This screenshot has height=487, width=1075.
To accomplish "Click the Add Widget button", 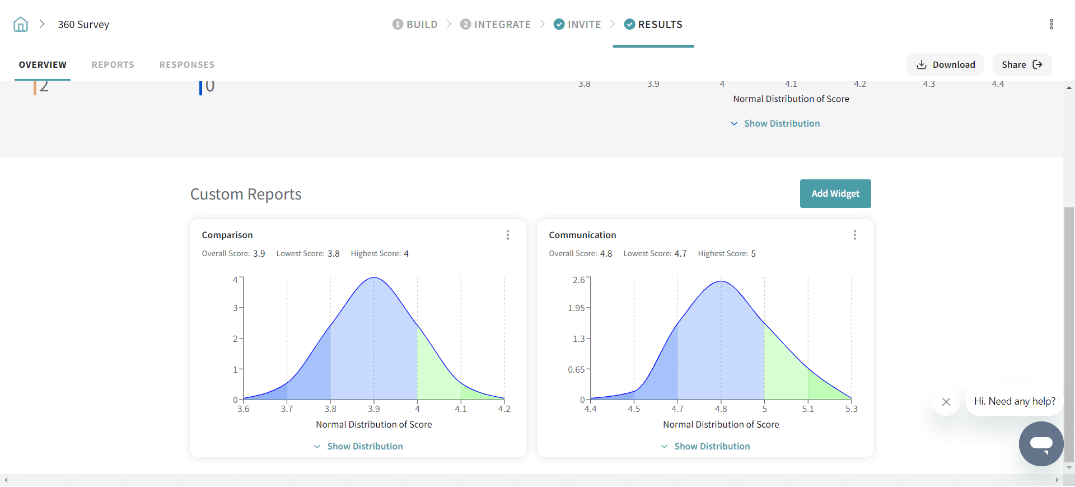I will (835, 193).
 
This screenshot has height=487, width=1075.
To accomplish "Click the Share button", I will (1021, 64).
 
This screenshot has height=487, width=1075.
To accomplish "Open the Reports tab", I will (113, 64).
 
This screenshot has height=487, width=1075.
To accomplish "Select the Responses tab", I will (186, 64).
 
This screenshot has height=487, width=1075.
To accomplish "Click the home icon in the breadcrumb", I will (21, 24).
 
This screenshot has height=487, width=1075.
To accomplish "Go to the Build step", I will (415, 24).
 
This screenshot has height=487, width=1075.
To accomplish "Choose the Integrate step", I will (496, 24).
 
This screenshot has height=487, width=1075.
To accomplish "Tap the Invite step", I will (577, 24).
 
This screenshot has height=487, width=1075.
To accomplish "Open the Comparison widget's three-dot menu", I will (508, 235).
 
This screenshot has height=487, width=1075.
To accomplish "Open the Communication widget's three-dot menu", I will (854, 235).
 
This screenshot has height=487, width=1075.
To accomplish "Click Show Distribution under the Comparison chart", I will (358, 446).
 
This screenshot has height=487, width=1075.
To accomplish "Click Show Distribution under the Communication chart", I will (705, 446).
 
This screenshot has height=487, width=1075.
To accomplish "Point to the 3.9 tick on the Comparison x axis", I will (374, 409).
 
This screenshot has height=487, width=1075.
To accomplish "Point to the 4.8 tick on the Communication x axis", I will (721, 409).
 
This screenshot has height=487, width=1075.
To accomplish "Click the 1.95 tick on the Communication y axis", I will (576, 308).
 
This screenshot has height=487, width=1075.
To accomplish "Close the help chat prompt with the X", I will (946, 401).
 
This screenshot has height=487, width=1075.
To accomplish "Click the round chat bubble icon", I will (1041, 443).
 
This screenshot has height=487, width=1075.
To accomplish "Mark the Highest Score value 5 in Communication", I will (753, 253).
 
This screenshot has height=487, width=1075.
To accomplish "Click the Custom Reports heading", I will (246, 194).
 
